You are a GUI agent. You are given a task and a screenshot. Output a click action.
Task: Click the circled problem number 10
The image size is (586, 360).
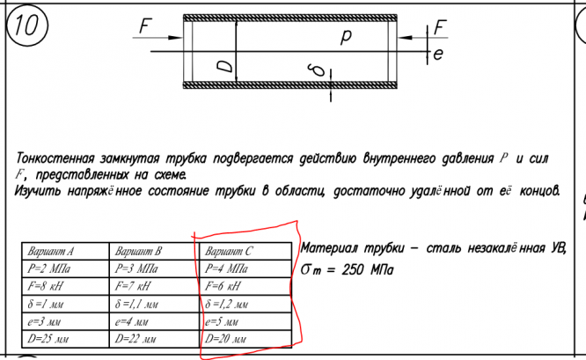26,27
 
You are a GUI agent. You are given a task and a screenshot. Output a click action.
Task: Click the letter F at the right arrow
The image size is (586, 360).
439,26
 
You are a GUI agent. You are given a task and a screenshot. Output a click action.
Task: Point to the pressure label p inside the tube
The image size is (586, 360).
345,36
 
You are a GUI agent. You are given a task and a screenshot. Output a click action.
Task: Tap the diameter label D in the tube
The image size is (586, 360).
225,66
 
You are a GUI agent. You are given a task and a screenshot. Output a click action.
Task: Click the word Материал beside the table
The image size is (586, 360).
330,247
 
